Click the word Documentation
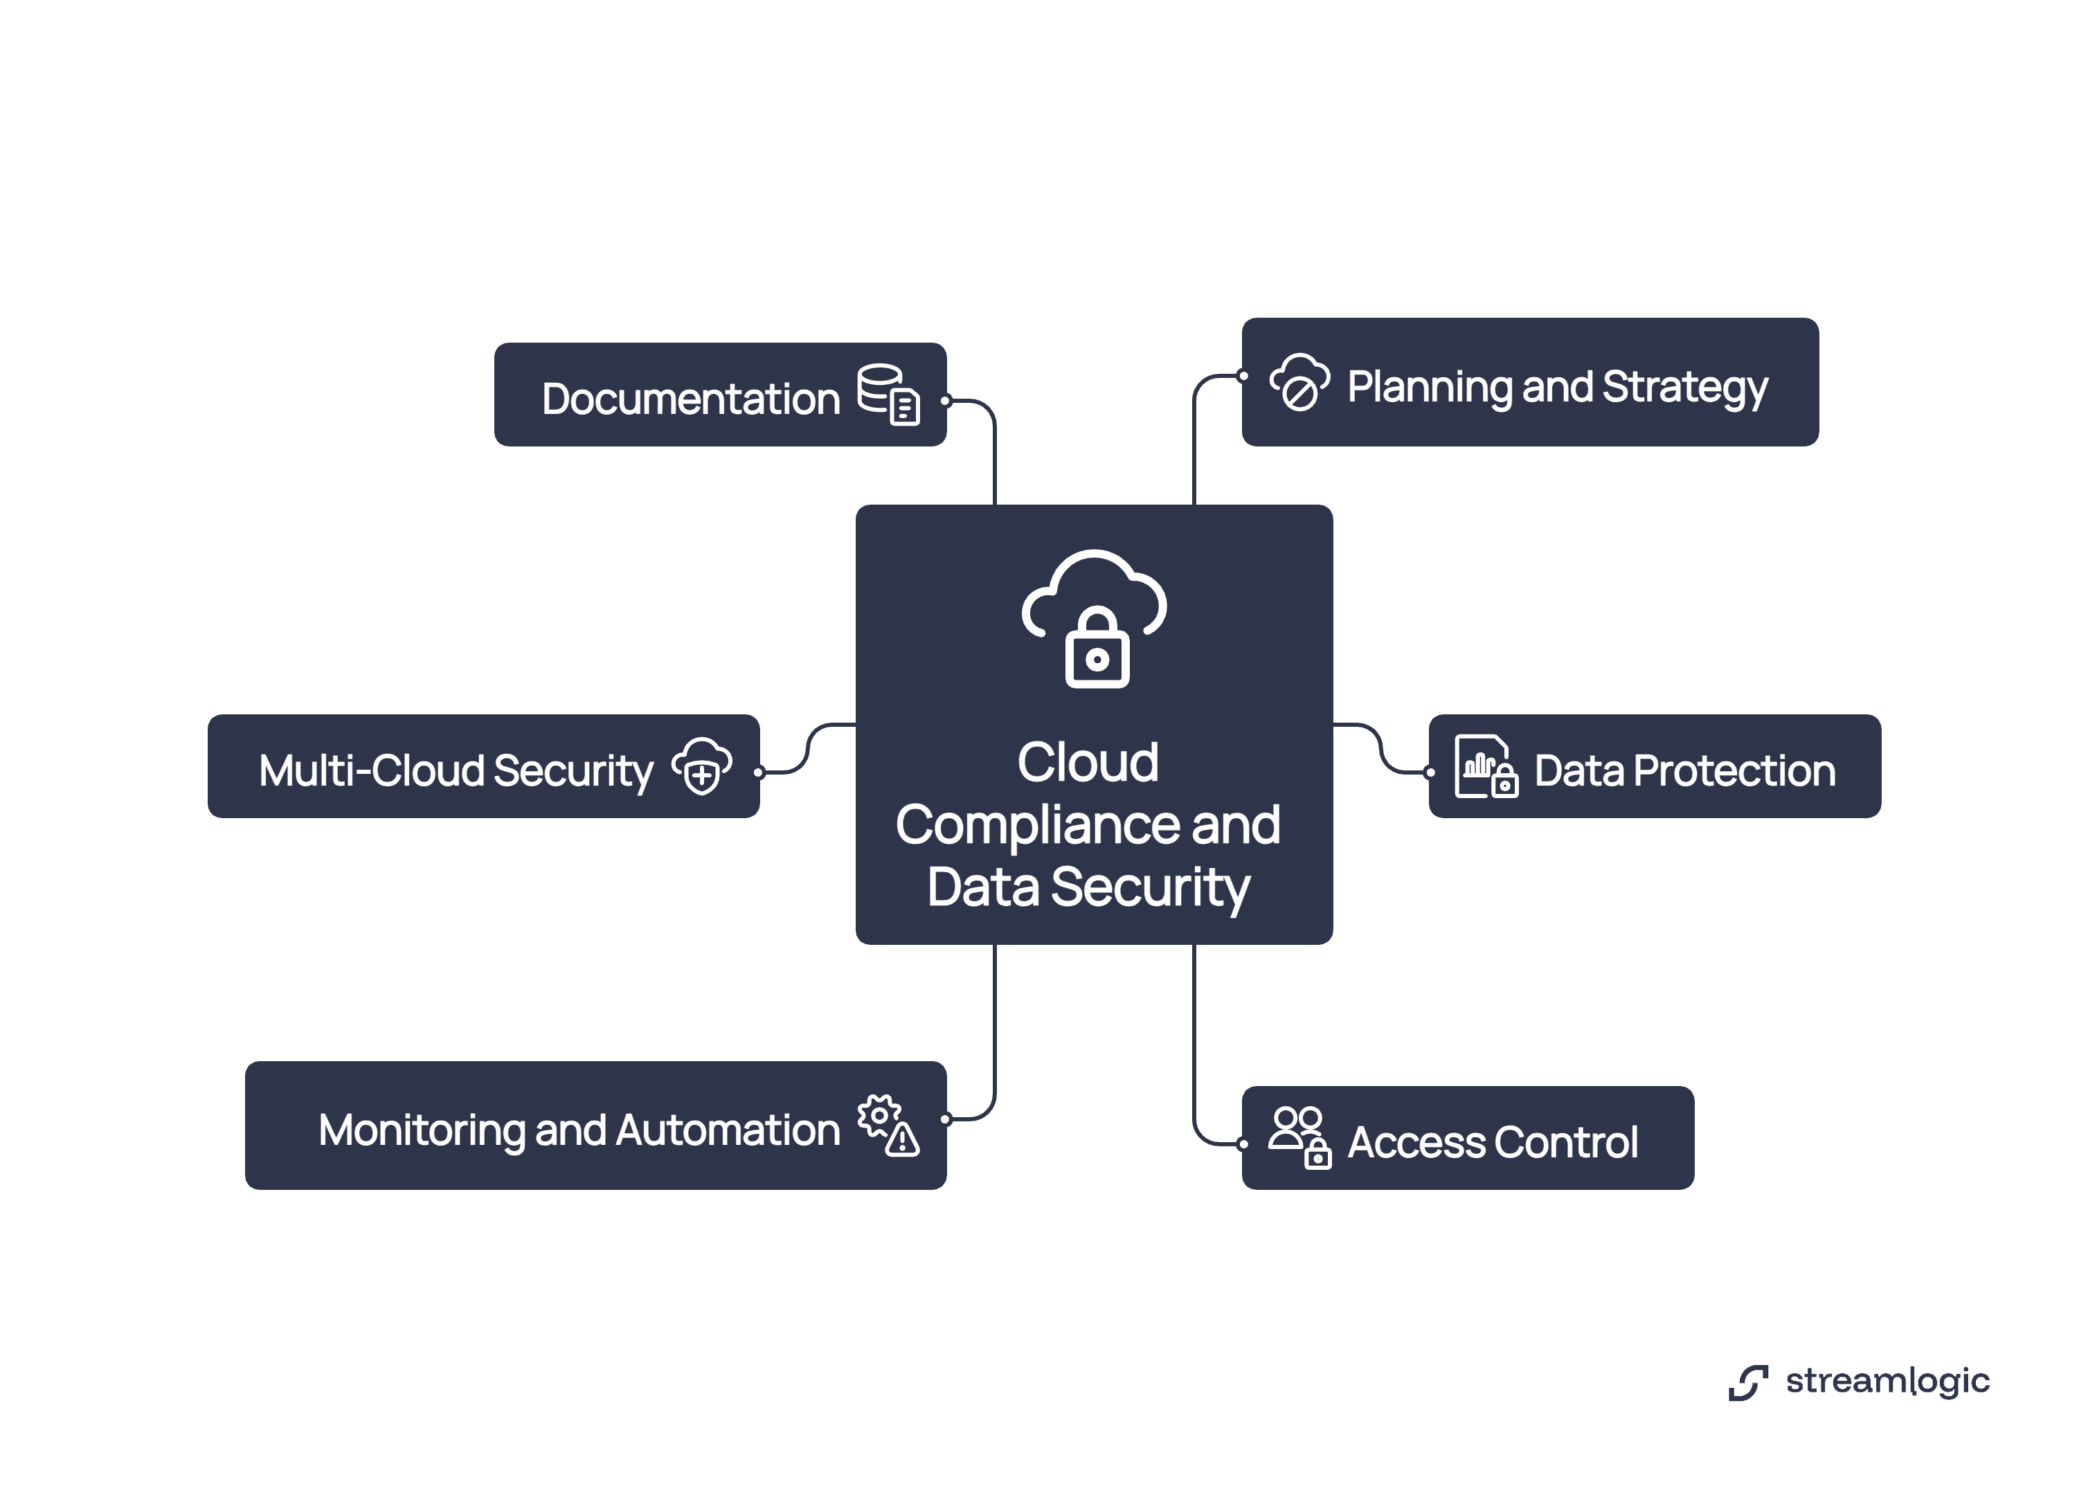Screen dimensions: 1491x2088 click(690, 399)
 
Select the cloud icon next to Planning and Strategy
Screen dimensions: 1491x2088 click(1298, 382)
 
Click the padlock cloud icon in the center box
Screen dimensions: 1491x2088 click(1094, 619)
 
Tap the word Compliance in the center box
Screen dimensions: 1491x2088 click(1036, 824)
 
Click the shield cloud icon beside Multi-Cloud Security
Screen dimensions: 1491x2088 click(701, 766)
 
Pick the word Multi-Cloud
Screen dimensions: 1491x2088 click(371, 770)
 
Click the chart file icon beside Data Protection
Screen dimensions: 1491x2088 click(1485, 767)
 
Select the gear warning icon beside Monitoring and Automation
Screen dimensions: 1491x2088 click(888, 1126)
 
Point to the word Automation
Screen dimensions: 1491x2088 click(727, 1130)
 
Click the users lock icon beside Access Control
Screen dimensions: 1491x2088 click(1298, 1137)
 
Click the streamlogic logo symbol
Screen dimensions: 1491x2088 click(1747, 1382)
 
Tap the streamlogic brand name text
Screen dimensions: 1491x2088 click(1887, 1381)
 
